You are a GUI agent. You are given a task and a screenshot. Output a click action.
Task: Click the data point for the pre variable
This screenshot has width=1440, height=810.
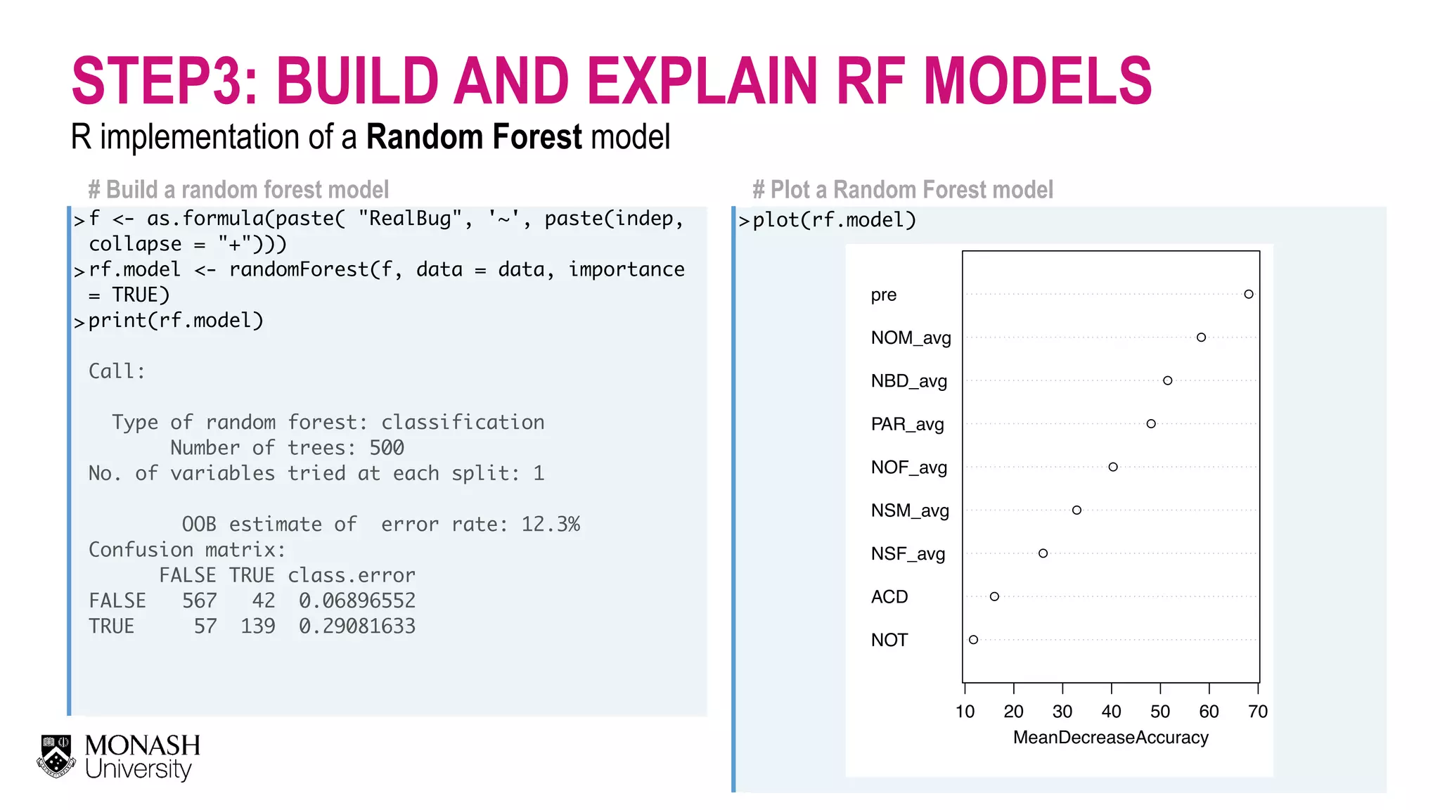point(1248,294)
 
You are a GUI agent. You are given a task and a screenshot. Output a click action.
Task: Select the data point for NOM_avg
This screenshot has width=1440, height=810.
point(1201,337)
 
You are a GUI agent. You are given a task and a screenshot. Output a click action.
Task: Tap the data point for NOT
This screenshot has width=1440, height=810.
point(973,640)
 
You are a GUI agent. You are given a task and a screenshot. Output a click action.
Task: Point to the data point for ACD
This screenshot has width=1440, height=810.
point(994,596)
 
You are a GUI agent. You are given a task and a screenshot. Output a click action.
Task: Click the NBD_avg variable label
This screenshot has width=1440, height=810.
point(908,381)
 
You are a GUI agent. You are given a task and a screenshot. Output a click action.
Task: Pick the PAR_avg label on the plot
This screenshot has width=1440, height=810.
point(907,424)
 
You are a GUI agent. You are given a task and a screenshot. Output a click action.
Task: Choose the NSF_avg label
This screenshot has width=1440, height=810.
point(908,553)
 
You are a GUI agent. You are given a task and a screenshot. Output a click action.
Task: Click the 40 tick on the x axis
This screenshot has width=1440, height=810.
point(1111,712)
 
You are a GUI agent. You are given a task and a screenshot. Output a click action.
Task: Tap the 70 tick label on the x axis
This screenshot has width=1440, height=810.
point(1257,712)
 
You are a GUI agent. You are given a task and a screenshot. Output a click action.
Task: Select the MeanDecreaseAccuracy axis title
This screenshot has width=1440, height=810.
point(1110,738)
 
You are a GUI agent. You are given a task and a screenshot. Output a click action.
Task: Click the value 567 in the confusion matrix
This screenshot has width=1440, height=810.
point(199,600)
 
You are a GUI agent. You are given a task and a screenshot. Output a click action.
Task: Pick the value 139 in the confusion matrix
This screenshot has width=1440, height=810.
point(257,626)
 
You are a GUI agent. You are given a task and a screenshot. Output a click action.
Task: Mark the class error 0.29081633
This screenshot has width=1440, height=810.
point(356,626)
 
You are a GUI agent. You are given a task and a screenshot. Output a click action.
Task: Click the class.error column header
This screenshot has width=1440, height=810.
point(351,575)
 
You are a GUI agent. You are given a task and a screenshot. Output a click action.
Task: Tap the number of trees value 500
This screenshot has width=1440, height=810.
point(386,447)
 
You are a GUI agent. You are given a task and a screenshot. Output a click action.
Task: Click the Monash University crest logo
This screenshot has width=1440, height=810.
point(56,757)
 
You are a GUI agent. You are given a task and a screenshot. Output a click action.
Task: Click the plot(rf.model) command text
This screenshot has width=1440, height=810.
point(834,220)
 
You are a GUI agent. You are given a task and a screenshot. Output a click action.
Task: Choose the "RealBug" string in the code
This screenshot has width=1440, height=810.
point(410,219)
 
